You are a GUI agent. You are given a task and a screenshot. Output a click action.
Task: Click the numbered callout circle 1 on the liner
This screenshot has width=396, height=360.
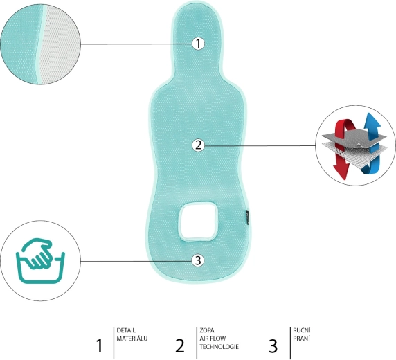click(x=198, y=44)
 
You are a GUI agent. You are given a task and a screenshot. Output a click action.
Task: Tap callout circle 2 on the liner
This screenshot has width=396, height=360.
click(x=198, y=145)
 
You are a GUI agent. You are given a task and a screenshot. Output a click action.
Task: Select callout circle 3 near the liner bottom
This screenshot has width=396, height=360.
click(x=198, y=260)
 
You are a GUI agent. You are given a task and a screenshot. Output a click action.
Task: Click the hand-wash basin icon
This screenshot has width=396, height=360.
click(x=40, y=260)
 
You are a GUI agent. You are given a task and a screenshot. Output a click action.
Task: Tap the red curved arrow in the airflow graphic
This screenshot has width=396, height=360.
click(x=343, y=149)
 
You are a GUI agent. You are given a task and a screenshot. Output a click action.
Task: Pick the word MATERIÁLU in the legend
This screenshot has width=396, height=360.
click(x=132, y=339)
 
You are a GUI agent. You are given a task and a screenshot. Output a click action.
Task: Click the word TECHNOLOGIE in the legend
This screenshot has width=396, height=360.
click(x=219, y=346)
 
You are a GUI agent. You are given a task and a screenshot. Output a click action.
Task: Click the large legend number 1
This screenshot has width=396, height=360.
click(x=100, y=345)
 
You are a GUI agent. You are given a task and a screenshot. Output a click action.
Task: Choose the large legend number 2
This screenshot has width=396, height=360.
click(x=179, y=345)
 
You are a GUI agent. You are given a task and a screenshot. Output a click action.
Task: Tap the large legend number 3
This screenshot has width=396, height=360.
click(x=273, y=345)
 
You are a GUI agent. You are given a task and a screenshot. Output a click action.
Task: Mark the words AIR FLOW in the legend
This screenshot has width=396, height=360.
click(x=213, y=339)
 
